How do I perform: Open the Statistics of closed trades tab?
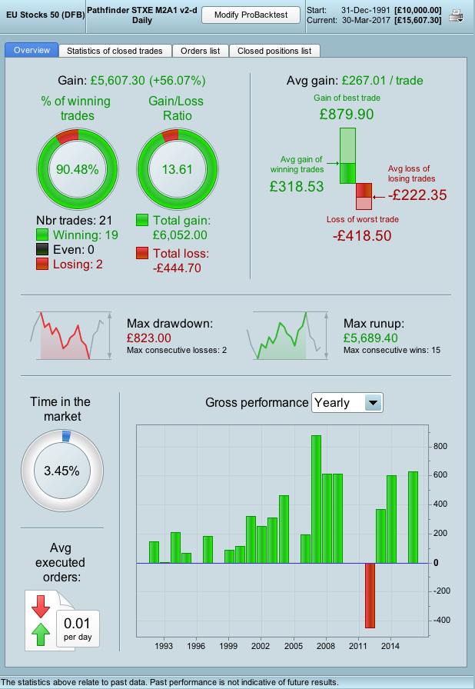tap(115, 51)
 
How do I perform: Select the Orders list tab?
tap(200, 51)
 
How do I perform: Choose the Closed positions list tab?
tap(274, 51)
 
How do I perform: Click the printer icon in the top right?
tap(457, 15)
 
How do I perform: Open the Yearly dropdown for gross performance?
tap(373, 402)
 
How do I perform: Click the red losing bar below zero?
tap(370, 595)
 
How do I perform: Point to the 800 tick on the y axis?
tap(440, 446)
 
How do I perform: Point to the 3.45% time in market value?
tap(61, 471)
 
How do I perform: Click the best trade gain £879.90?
tap(347, 114)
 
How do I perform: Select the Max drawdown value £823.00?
tap(150, 338)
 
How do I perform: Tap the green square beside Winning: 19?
tap(43, 235)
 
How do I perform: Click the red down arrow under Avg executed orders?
tap(39, 607)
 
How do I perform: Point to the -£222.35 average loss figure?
tap(418, 195)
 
